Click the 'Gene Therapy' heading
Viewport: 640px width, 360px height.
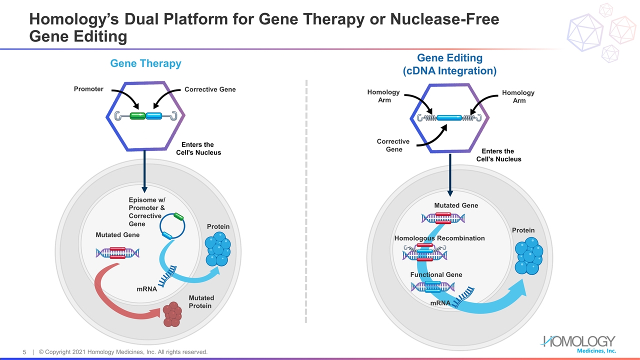[x=145, y=63]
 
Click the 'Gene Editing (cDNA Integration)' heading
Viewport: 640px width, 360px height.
[x=449, y=64]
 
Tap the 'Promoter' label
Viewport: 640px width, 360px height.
[x=88, y=89]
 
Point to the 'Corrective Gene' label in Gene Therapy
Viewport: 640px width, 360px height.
[x=210, y=89]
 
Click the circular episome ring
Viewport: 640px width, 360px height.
[x=172, y=227]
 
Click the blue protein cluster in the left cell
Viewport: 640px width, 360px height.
[x=217, y=248]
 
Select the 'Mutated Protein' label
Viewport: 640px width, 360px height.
[x=200, y=301]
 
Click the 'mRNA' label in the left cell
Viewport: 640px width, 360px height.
[x=146, y=289]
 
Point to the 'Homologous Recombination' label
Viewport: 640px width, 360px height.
[x=439, y=238]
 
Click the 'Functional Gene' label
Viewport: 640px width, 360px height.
[x=436, y=274]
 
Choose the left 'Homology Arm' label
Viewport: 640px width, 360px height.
[x=383, y=96]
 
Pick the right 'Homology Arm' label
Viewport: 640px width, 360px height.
[x=519, y=96]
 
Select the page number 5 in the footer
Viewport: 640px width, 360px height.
[x=24, y=352]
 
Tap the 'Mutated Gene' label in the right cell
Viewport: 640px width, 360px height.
[x=456, y=205]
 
